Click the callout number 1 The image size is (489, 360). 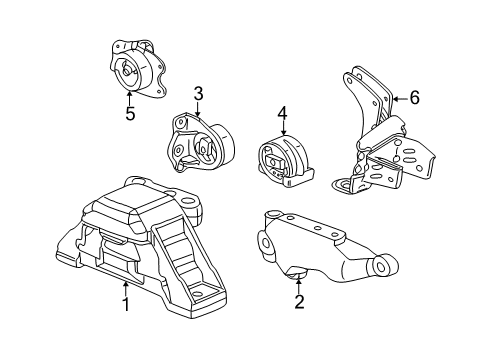tap(126, 304)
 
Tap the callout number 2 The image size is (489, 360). tap(299, 301)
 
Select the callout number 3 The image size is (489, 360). tap(198, 94)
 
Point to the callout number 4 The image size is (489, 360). tap(282, 114)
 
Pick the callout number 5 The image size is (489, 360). tap(130, 114)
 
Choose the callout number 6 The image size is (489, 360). tap(414, 98)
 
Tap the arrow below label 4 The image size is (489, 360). tap(283, 128)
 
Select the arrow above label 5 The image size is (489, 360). tap(129, 98)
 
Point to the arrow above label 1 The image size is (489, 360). tap(126, 289)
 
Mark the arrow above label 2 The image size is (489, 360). tap(299, 285)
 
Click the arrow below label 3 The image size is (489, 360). tap(198, 109)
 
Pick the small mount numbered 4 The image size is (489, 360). tap(285, 161)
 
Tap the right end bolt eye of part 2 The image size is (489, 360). tap(382, 265)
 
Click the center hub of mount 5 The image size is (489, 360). tap(126, 71)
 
